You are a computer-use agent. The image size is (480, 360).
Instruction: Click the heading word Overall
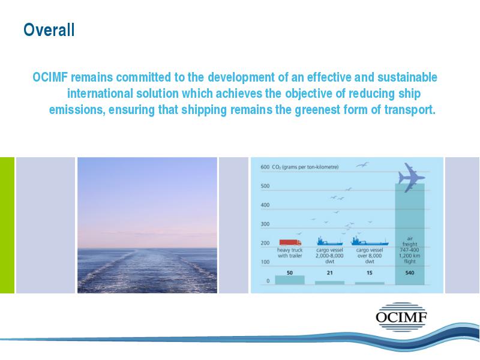pyautogui.click(x=49, y=30)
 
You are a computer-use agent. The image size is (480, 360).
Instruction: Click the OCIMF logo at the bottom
pyautogui.click(x=401, y=317)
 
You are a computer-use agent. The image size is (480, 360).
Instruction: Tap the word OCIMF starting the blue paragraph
pyautogui.click(x=50, y=77)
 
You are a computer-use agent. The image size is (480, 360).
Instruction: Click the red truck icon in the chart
pyautogui.click(x=290, y=242)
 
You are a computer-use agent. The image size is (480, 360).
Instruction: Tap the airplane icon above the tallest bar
pyautogui.click(x=411, y=178)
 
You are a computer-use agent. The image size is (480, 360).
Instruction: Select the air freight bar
pyautogui.click(x=410, y=234)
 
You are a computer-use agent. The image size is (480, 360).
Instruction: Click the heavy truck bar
pyautogui.click(x=290, y=280)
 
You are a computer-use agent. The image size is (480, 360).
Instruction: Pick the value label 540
pyautogui.click(x=410, y=273)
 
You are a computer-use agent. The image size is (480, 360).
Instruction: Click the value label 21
pyautogui.click(x=329, y=273)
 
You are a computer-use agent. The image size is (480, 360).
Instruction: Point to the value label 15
pyautogui.click(x=370, y=273)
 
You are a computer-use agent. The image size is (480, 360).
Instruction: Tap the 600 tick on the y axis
pyautogui.click(x=265, y=167)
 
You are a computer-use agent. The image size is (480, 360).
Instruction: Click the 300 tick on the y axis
pyautogui.click(x=265, y=224)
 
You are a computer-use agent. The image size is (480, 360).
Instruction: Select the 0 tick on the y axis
pyautogui.click(x=268, y=281)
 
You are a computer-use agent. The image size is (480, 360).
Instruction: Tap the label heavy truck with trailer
pyautogui.click(x=290, y=253)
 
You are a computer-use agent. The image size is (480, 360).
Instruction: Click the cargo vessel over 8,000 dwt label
pyautogui.click(x=370, y=256)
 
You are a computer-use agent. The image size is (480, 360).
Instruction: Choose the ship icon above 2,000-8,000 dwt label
pyautogui.click(x=329, y=241)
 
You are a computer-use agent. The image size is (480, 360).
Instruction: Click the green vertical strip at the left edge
pyautogui.click(x=7, y=226)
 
